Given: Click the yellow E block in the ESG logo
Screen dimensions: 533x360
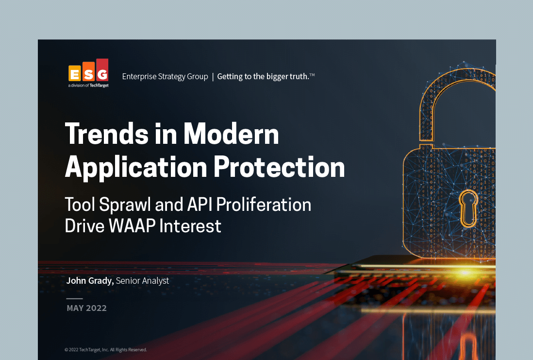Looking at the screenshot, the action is (x=75, y=73).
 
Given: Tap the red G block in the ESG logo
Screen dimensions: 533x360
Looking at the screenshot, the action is (x=102, y=70).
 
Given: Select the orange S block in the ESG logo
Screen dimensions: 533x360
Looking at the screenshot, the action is (x=88, y=71).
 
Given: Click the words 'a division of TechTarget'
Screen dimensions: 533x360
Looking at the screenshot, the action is (x=88, y=86).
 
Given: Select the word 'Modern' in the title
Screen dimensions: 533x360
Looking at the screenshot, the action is (x=231, y=134).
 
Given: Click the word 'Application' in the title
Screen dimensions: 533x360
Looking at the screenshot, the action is (x=136, y=168).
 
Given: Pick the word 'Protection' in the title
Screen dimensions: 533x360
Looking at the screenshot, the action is (x=279, y=167).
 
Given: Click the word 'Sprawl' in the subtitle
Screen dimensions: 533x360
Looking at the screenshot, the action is (x=125, y=205).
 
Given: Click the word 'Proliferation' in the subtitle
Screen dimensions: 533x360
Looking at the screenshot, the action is (x=264, y=205).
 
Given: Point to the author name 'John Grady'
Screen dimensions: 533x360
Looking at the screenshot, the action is (x=90, y=281).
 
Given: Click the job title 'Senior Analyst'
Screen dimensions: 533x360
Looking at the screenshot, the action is (x=142, y=281).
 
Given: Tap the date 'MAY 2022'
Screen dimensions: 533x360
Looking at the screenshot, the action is (x=87, y=309).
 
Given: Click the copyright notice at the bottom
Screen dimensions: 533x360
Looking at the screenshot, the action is (x=106, y=350).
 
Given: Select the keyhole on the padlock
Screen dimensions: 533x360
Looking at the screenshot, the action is (x=468, y=208).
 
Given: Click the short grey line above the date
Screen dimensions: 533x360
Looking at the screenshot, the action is (x=74, y=299).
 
